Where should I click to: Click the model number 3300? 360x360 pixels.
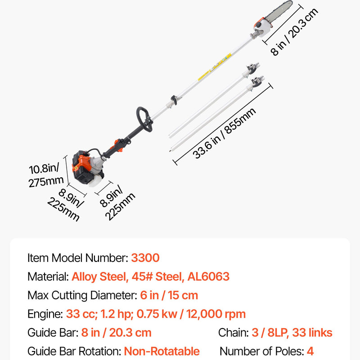[x=145, y=257]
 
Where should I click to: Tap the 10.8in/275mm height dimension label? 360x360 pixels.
[x=46, y=175]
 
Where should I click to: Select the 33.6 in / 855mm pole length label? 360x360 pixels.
[x=224, y=133]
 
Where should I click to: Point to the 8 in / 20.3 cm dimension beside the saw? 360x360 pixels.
[x=294, y=31]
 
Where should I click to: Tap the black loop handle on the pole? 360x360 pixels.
[x=144, y=119]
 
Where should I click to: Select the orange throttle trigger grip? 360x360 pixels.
[x=118, y=145]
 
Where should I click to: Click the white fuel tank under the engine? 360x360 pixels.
[x=96, y=181]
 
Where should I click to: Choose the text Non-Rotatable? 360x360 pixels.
[x=162, y=351]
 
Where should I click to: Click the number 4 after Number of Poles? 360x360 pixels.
[x=310, y=351]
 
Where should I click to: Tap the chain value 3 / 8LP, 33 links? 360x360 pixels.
[x=292, y=333]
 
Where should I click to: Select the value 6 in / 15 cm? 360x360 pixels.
[x=169, y=295]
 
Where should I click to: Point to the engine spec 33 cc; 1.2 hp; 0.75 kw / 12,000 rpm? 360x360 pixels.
[x=156, y=314]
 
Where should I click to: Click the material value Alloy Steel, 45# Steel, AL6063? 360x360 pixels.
[x=150, y=276]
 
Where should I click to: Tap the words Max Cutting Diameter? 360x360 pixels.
[x=82, y=295]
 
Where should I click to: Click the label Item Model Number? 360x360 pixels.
[x=78, y=257]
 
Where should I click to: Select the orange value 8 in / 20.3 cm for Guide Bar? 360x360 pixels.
[x=117, y=333]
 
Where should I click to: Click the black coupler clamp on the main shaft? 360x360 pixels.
[x=174, y=100]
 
